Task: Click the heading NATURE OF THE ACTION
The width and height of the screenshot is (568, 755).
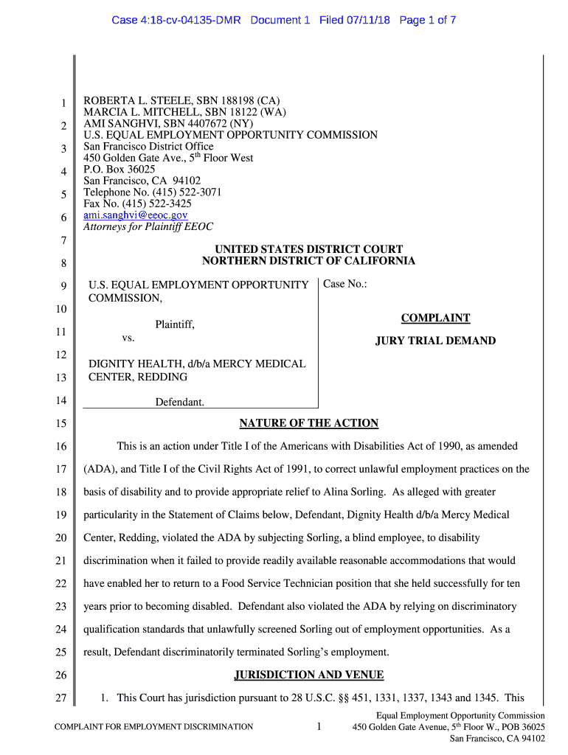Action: [308, 423]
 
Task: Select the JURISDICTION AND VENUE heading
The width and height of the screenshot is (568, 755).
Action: [308, 675]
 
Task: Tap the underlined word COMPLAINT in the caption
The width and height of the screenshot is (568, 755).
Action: [435, 319]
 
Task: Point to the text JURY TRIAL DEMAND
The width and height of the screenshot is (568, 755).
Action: [435, 341]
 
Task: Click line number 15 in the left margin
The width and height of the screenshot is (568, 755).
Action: [61, 424]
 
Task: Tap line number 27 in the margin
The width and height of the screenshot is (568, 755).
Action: [61, 698]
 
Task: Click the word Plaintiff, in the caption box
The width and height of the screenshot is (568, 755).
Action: [175, 324]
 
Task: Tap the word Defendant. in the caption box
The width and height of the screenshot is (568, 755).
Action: [179, 403]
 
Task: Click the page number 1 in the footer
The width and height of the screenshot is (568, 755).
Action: [319, 727]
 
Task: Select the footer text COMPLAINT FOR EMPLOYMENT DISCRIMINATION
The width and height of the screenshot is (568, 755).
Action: [154, 727]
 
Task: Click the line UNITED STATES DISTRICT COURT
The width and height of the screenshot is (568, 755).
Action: [308, 250]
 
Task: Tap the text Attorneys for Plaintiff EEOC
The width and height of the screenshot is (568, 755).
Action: [148, 227]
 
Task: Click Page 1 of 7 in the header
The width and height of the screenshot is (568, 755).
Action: [428, 21]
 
